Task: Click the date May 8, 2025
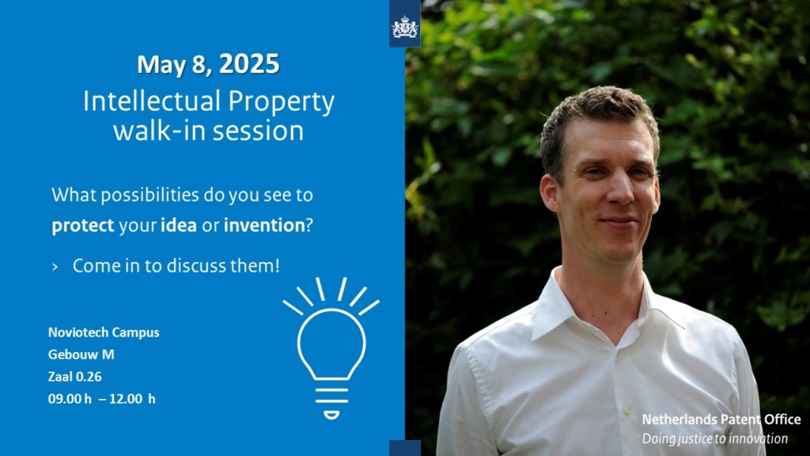[x=208, y=65]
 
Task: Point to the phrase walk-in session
[x=208, y=131]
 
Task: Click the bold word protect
[x=82, y=226]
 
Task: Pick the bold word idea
[x=179, y=225]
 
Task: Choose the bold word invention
[x=264, y=225]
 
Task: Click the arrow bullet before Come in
[x=55, y=268]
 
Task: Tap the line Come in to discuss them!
[x=176, y=266]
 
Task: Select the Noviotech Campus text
[x=104, y=332]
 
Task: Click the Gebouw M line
[x=81, y=355]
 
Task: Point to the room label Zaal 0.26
[x=75, y=377]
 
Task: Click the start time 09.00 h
[x=70, y=399]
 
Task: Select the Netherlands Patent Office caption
[x=721, y=420]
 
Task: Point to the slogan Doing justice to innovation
[x=714, y=439]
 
